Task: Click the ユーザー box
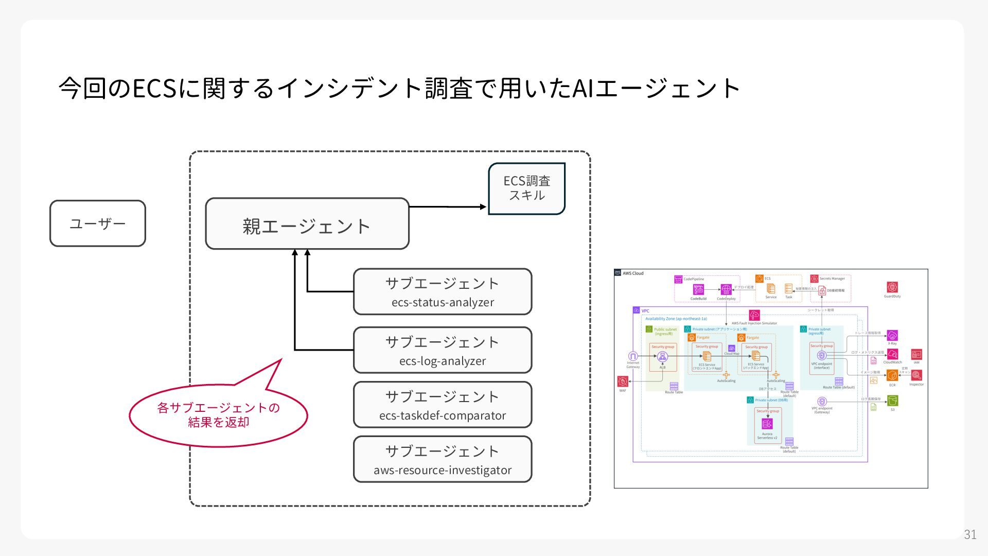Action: (98, 223)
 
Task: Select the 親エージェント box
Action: (307, 224)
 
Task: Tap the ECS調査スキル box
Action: (526, 188)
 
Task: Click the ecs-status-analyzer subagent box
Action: (443, 291)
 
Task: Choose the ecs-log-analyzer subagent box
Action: (443, 350)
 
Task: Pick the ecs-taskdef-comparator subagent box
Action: (443, 405)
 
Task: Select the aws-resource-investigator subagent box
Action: (443, 459)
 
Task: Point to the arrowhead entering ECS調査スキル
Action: (483, 207)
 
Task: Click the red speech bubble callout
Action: (218, 415)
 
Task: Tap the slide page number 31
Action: (970, 534)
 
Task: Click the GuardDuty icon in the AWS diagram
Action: (892, 287)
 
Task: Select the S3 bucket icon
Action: (892, 401)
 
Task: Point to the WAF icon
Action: (623, 381)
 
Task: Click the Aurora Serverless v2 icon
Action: (767, 424)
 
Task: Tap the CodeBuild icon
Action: (698, 290)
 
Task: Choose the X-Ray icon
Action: (892, 336)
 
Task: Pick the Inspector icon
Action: (916, 376)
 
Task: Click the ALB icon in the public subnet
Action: (662, 356)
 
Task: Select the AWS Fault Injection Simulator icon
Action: (754, 315)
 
